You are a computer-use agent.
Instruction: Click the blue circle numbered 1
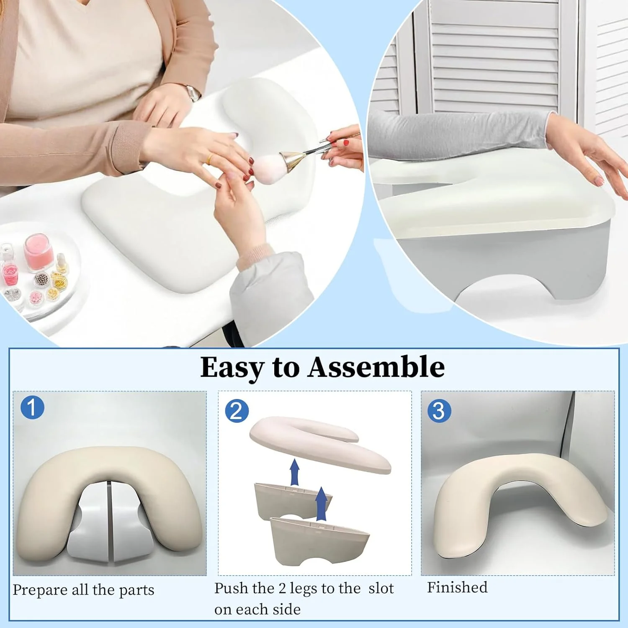pos(32,407)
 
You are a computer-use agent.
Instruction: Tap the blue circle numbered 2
pos(237,411)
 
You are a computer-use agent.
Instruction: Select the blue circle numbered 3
pos(439,411)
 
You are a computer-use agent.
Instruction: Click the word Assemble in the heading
pos(376,367)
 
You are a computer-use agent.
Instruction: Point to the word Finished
pos(457,587)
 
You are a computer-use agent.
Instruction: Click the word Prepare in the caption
pos(40,590)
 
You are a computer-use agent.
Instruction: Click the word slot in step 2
pos(381,588)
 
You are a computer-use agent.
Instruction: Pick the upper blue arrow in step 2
pos(295,471)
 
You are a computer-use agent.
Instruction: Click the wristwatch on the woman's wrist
pos(192,93)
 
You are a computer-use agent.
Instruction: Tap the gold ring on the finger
pos(210,159)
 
